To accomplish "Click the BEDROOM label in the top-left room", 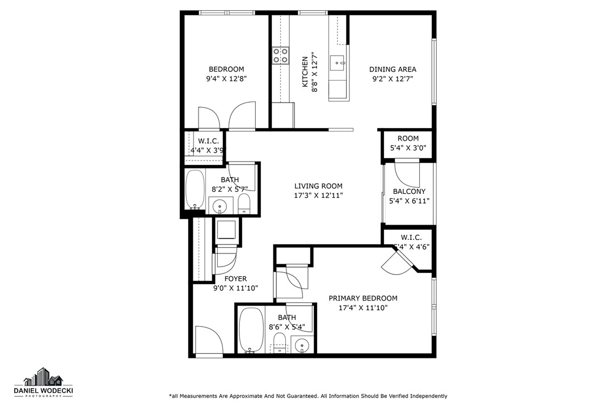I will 226,69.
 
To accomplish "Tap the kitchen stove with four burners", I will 280,55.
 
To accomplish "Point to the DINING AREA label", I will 393,69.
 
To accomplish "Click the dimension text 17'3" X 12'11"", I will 318,196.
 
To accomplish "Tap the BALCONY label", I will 408,192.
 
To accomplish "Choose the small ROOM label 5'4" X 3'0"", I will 408,138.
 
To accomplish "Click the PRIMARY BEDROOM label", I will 363,298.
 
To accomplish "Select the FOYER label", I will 235,278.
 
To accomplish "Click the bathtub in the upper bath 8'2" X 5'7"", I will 195,190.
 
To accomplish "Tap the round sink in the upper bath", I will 218,205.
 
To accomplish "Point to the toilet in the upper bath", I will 244,204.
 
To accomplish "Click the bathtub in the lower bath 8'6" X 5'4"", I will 250,329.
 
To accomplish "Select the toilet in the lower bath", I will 279,343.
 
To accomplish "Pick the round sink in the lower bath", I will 302,344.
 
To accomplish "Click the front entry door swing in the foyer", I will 208,340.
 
